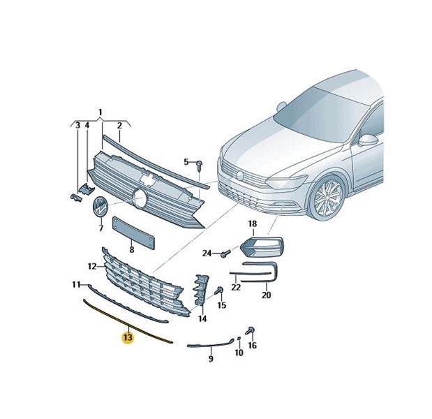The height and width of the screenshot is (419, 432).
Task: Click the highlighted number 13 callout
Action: pos(128,337)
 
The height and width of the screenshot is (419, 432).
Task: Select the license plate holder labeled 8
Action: pos(133,233)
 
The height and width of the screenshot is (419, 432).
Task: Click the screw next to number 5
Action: pos(200,166)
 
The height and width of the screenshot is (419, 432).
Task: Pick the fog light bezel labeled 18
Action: pos(262,246)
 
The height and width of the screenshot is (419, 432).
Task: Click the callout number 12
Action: pos(92,267)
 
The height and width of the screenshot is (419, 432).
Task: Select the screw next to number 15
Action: pos(220,291)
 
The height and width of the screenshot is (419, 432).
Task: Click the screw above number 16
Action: pos(251,330)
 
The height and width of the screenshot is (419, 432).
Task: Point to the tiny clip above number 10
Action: pos(239,339)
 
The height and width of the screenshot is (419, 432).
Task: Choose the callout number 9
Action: pos(211,359)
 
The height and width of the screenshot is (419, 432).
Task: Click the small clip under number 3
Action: pos(75,198)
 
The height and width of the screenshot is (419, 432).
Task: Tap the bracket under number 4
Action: pos(87,189)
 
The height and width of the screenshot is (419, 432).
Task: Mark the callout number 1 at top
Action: pos(100,112)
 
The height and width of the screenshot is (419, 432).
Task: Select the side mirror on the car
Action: pos(368,140)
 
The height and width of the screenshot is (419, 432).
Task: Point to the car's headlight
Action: pos(286,182)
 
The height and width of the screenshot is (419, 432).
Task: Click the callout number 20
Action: pos(266,295)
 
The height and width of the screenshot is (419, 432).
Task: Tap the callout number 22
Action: pos(236,288)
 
